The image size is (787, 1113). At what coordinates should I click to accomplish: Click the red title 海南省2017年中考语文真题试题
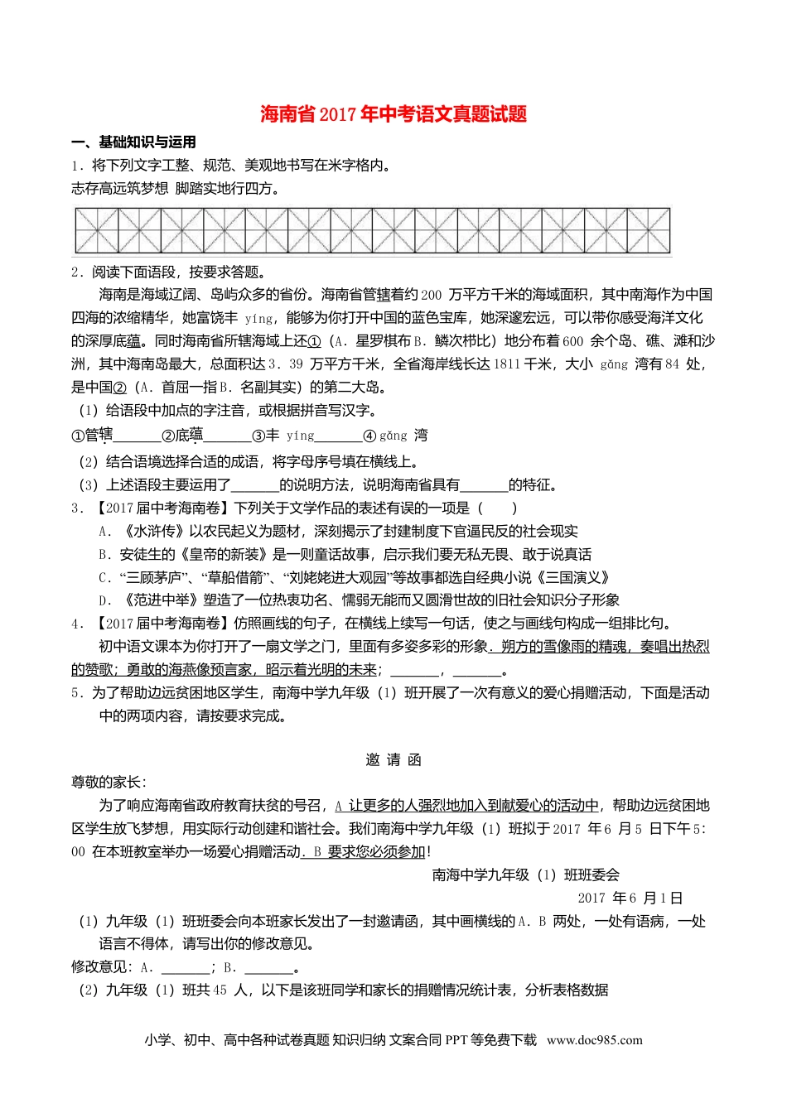(x=393, y=114)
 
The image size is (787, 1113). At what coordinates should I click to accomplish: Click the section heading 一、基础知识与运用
(x=133, y=142)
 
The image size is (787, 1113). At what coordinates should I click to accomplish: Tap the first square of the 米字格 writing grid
(x=97, y=230)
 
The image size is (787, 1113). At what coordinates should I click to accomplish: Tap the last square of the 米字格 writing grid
(x=649, y=230)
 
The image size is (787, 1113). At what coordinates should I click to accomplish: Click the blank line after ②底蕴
(x=227, y=436)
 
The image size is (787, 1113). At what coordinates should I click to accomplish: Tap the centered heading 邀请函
(x=393, y=760)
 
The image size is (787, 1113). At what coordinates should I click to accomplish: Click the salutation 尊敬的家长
(x=108, y=783)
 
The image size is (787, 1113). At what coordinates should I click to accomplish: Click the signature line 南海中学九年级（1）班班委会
(x=525, y=875)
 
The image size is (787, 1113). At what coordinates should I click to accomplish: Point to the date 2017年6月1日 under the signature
(x=630, y=899)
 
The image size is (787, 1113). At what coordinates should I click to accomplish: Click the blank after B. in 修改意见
(x=270, y=967)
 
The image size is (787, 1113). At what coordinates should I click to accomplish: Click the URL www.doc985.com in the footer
(x=594, y=1041)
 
